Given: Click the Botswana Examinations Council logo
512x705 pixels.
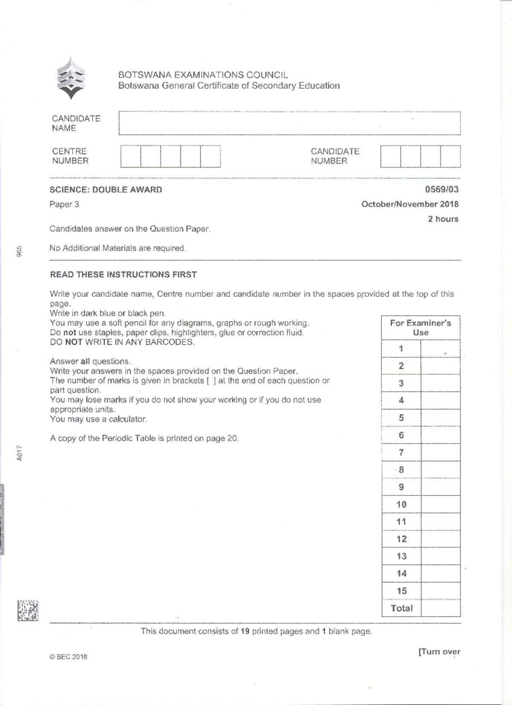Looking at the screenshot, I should [x=71, y=79].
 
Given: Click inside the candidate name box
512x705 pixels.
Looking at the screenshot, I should [x=289, y=123].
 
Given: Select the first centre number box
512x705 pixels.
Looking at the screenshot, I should [x=131, y=156].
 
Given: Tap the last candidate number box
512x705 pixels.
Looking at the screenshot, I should [x=450, y=156].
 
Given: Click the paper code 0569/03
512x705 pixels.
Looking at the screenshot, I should [x=442, y=189].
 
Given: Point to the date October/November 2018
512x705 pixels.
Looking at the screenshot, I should [x=410, y=204].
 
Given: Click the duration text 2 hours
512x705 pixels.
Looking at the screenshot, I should [x=443, y=219].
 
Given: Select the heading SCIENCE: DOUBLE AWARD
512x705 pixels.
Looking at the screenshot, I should [x=106, y=190].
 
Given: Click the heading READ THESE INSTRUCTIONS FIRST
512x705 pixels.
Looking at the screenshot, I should [x=123, y=274].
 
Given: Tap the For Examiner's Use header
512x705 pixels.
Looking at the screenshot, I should [x=420, y=328].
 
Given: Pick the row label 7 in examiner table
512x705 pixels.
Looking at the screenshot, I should [x=401, y=452].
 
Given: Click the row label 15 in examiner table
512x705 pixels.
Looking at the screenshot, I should [x=401, y=591].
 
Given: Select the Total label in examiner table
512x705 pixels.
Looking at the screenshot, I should [x=401, y=609].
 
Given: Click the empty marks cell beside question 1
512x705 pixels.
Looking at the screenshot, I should [x=440, y=349].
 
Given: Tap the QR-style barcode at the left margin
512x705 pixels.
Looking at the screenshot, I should [x=28, y=611].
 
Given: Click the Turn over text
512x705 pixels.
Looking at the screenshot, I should [x=439, y=652].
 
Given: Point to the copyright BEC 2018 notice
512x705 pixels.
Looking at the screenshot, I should [x=68, y=657].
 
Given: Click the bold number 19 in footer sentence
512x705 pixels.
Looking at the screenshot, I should [x=245, y=631].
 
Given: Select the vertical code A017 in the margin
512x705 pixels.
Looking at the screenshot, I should [x=20, y=453].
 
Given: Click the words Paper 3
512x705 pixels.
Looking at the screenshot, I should [x=64, y=204].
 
